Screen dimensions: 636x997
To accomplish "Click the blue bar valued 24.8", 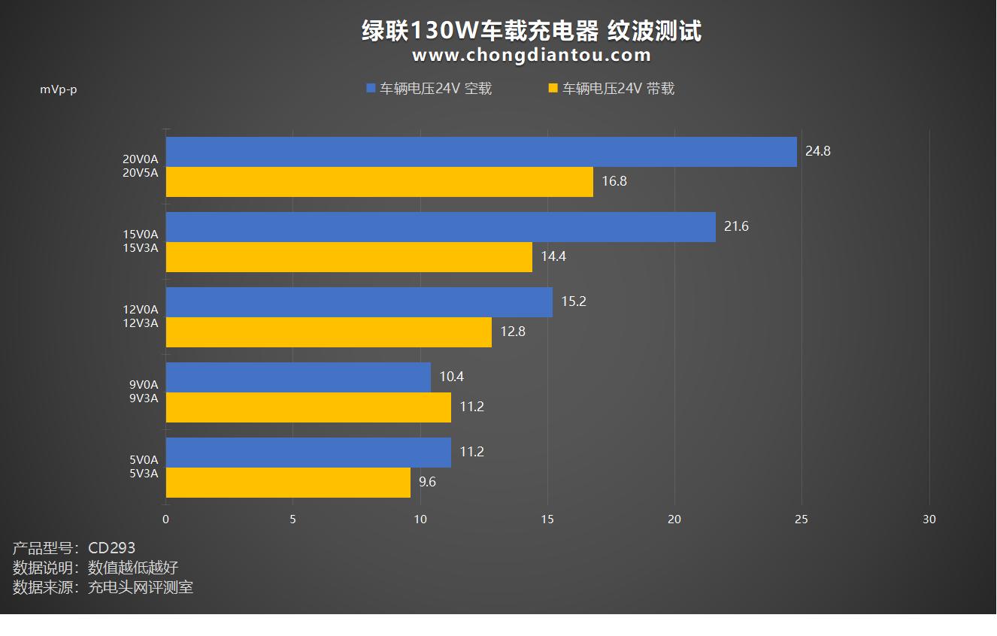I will pyautogui.click(x=481, y=152).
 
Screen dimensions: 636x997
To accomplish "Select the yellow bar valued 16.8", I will pyautogui.click(x=379, y=182).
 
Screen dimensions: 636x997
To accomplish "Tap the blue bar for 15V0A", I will pyautogui.click(x=441, y=227).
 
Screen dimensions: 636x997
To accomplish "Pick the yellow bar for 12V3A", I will pyautogui.click(x=329, y=332).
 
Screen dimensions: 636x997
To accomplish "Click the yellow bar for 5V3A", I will pyautogui.click(x=288, y=483).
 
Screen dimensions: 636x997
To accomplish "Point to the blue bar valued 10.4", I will pyautogui.click(x=298, y=377).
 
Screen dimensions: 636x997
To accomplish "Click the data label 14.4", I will pyautogui.click(x=553, y=256).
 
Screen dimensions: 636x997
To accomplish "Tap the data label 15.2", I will pyautogui.click(x=573, y=301).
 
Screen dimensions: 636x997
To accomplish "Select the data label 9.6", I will pyautogui.click(x=427, y=482).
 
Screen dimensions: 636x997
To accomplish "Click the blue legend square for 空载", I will pyautogui.click(x=370, y=89).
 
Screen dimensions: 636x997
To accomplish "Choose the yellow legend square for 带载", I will pyautogui.click(x=553, y=89).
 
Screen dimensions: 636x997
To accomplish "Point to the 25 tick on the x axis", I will pyautogui.click(x=802, y=519).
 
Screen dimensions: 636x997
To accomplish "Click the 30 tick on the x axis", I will pyautogui.click(x=929, y=519).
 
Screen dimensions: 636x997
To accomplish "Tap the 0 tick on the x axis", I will pyautogui.click(x=166, y=519).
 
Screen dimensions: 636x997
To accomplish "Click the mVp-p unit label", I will pyautogui.click(x=59, y=89).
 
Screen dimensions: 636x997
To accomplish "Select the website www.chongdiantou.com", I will pyautogui.click(x=532, y=55).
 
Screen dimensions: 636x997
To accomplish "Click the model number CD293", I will pyautogui.click(x=111, y=548).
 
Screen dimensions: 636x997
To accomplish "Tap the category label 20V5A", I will pyautogui.click(x=141, y=173).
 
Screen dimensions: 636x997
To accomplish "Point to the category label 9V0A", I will pyautogui.click(x=143, y=385).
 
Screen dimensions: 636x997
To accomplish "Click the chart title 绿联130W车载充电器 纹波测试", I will pyautogui.click(x=532, y=31).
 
